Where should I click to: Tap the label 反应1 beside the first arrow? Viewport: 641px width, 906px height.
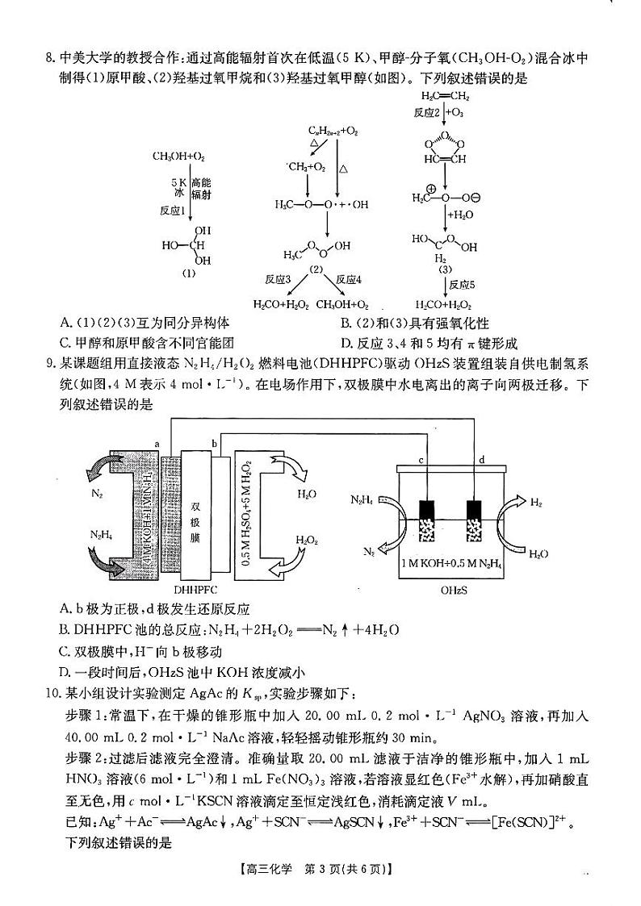(x=173, y=210)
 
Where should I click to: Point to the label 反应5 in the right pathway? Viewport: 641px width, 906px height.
(x=462, y=285)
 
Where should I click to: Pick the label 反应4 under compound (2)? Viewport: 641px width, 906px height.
(x=349, y=279)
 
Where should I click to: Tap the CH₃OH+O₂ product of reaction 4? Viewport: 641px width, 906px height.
(x=342, y=305)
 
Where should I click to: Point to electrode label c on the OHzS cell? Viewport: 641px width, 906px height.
(x=421, y=461)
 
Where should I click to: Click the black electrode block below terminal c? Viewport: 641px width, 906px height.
(x=427, y=510)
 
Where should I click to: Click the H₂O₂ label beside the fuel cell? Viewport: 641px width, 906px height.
(x=306, y=541)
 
